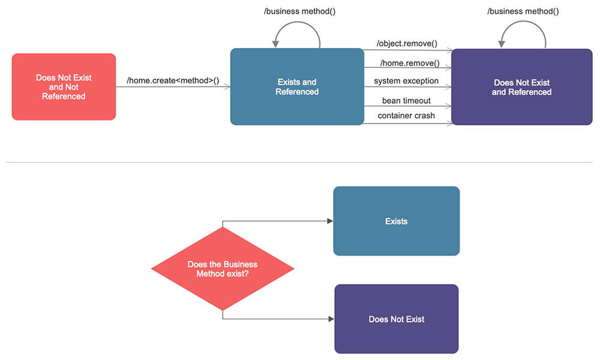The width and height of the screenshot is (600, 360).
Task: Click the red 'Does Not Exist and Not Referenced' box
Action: point(64,87)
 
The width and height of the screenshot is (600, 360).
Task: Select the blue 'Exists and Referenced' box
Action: point(297,87)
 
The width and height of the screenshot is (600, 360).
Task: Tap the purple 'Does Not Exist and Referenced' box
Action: point(521,87)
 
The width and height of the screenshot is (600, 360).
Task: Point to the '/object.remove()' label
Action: point(407,44)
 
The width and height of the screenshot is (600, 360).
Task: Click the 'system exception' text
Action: point(406,81)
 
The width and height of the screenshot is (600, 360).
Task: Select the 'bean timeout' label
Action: point(406,100)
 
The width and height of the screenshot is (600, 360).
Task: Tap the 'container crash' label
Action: point(406,116)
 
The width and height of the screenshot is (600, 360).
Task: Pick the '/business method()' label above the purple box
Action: point(523,11)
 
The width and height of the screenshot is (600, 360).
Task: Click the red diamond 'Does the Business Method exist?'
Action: point(223,269)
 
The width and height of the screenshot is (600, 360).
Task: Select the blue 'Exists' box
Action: point(396,221)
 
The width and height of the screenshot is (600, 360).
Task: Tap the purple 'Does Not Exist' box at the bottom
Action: point(396,319)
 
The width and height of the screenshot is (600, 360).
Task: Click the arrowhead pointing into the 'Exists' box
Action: point(330,221)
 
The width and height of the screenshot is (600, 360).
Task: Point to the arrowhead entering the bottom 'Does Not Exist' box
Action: point(331,319)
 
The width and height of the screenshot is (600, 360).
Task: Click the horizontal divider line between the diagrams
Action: point(300,162)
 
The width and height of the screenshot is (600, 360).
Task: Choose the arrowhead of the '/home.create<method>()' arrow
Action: point(227,88)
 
